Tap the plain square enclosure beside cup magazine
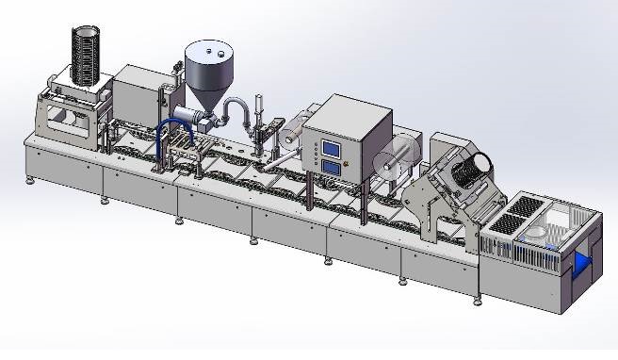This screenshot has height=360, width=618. (x=136, y=93)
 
